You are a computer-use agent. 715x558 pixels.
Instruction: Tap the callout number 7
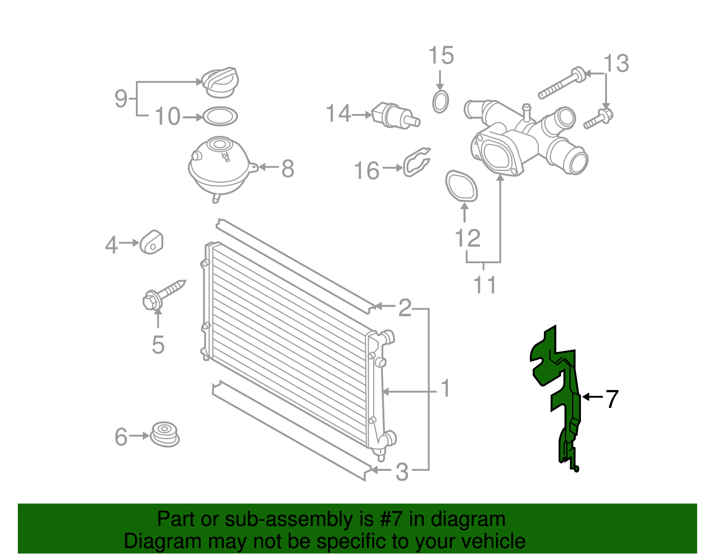(x=612, y=399)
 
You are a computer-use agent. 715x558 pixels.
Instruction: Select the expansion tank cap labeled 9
(x=220, y=83)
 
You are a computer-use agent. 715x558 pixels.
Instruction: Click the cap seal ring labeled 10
(x=220, y=117)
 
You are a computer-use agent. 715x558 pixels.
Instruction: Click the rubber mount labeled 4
(x=151, y=243)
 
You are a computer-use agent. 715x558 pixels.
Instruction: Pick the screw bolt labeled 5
(x=163, y=294)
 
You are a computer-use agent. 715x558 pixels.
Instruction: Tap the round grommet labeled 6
(x=164, y=434)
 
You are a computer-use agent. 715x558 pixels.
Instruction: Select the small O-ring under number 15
(x=441, y=101)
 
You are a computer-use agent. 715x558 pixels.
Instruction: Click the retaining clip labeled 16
(x=417, y=162)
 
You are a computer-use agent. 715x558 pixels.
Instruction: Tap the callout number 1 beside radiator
(x=445, y=388)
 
